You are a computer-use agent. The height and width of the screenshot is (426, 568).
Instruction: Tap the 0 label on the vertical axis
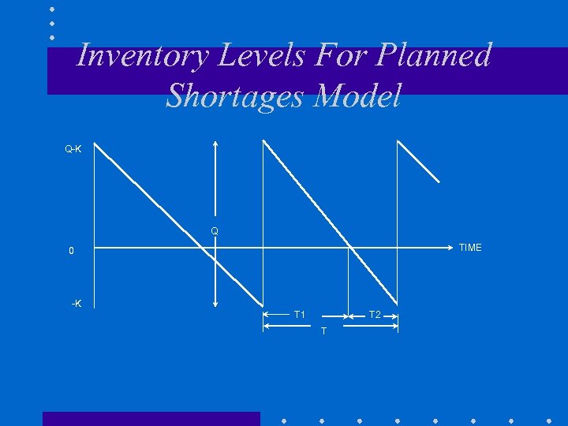pos(71,252)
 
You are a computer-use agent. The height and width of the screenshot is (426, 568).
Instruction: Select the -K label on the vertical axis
pos(77,305)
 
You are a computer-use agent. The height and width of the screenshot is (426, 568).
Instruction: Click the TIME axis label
pos(469,248)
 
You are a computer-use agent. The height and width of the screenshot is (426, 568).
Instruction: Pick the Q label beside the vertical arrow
pos(214,231)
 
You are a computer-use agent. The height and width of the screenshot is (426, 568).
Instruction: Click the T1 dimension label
pos(300,316)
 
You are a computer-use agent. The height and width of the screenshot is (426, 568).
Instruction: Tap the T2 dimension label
pos(375,316)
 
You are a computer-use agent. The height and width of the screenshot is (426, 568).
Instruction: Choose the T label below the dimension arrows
pos(323,331)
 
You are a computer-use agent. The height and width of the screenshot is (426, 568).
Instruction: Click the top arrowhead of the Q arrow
pos(215,143)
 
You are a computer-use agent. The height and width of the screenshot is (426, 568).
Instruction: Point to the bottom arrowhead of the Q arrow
pos(215,304)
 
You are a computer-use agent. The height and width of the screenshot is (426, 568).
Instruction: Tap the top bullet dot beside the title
pos(51,9)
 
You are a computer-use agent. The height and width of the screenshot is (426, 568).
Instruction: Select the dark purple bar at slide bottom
pos(151,418)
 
